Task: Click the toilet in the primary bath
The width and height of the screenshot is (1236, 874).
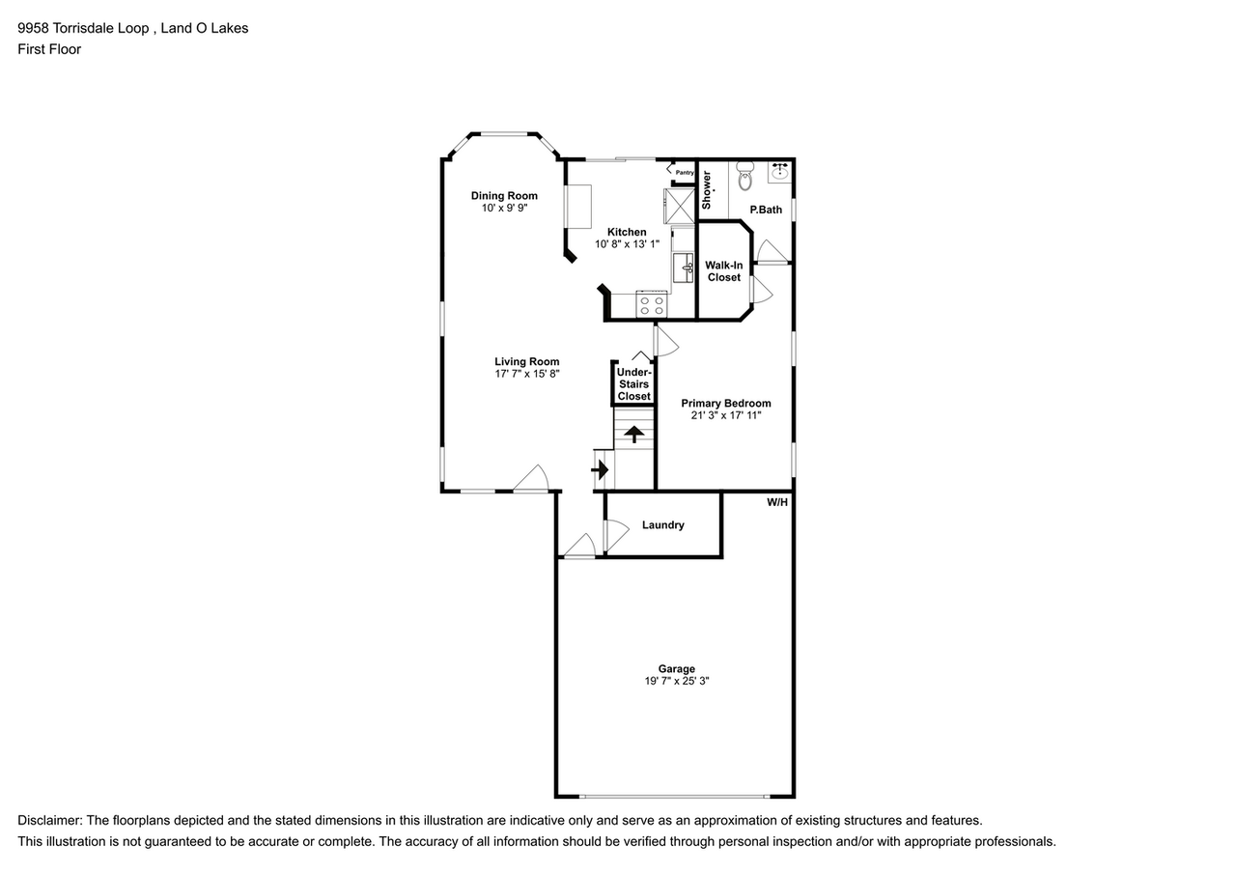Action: (x=744, y=178)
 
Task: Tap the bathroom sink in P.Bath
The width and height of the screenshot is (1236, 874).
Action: (x=780, y=173)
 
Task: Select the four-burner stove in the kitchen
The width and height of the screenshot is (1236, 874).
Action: (x=652, y=306)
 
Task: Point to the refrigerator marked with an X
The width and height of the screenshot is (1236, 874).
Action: (x=678, y=205)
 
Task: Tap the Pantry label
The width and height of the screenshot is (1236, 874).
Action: (x=685, y=172)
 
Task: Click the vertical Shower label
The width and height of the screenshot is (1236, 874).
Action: (x=707, y=189)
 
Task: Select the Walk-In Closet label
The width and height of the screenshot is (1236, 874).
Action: (x=723, y=271)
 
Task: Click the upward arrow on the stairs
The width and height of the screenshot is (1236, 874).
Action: (x=633, y=434)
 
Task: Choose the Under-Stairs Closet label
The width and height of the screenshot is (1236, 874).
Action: (x=633, y=384)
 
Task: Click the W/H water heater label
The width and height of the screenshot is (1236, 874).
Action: (x=777, y=502)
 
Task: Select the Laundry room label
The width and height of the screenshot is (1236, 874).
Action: (x=662, y=525)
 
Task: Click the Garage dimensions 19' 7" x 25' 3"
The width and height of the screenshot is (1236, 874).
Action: (x=677, y=681)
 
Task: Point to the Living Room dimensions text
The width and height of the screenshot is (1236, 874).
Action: (x=527, y=374)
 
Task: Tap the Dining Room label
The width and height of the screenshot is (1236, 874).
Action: (x=504, y=196)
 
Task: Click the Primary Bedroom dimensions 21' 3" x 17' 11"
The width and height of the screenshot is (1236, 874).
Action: (x=726, y=415)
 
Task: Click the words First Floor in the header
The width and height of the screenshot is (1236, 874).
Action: (x=49, y=49)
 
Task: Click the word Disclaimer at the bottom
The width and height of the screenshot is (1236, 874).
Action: (x=49, y=820)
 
